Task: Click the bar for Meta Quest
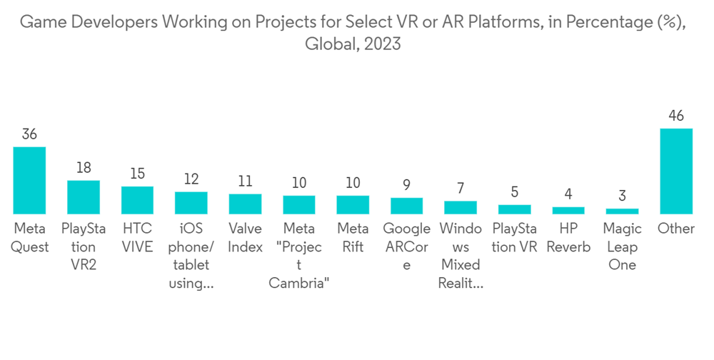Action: click(30, 181)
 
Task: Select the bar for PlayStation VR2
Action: click(84, 197)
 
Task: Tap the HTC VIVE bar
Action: click(137, 200)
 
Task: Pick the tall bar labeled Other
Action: click(675, 171)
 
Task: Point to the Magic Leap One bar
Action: click(622, 211)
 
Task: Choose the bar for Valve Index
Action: click(245, 204)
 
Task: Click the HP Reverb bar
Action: click(568, 211)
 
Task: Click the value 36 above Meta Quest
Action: click(30, 134)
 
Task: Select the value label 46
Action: click(675, 116)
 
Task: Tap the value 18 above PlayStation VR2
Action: click(84, 168)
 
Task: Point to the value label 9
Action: click(406, 185)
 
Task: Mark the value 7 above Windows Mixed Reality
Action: click(461, 189)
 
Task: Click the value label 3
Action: click(622, 196)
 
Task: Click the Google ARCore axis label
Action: click(406, 247)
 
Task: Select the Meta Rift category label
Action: click(353, 238)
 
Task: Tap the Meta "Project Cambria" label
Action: click(298, 256)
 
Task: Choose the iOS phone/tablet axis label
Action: click(191, 256)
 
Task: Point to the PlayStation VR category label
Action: click(514, 238)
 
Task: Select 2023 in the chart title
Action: click(382, 44)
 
